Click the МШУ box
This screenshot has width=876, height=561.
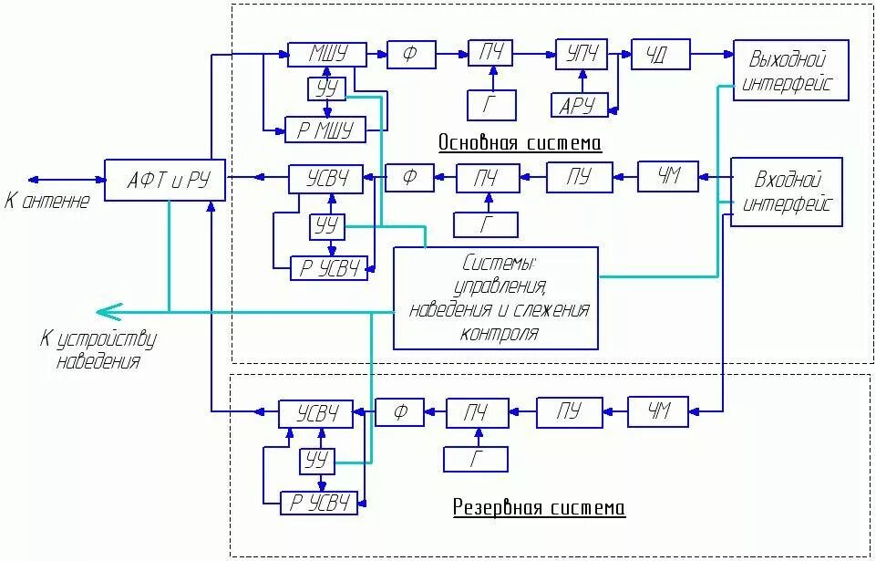pos(326,56)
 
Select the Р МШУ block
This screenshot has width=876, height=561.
pos(325,130)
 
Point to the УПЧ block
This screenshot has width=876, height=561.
pos(582,56)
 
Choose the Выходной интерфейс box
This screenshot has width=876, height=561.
pos(791,71)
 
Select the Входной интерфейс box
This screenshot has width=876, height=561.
pos(787,192)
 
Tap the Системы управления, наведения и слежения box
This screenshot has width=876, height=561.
pos(496,297)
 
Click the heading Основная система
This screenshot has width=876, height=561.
pos(520,143)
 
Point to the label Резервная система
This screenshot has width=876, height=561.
pos(539,508)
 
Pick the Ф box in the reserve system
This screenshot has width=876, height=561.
pos(400,412)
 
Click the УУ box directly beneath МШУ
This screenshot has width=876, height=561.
pos(325,89)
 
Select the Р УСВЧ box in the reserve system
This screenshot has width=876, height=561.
pos(319,503)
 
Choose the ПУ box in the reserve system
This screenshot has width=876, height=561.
pos(570,411)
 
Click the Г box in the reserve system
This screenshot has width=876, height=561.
pos(476,460)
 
